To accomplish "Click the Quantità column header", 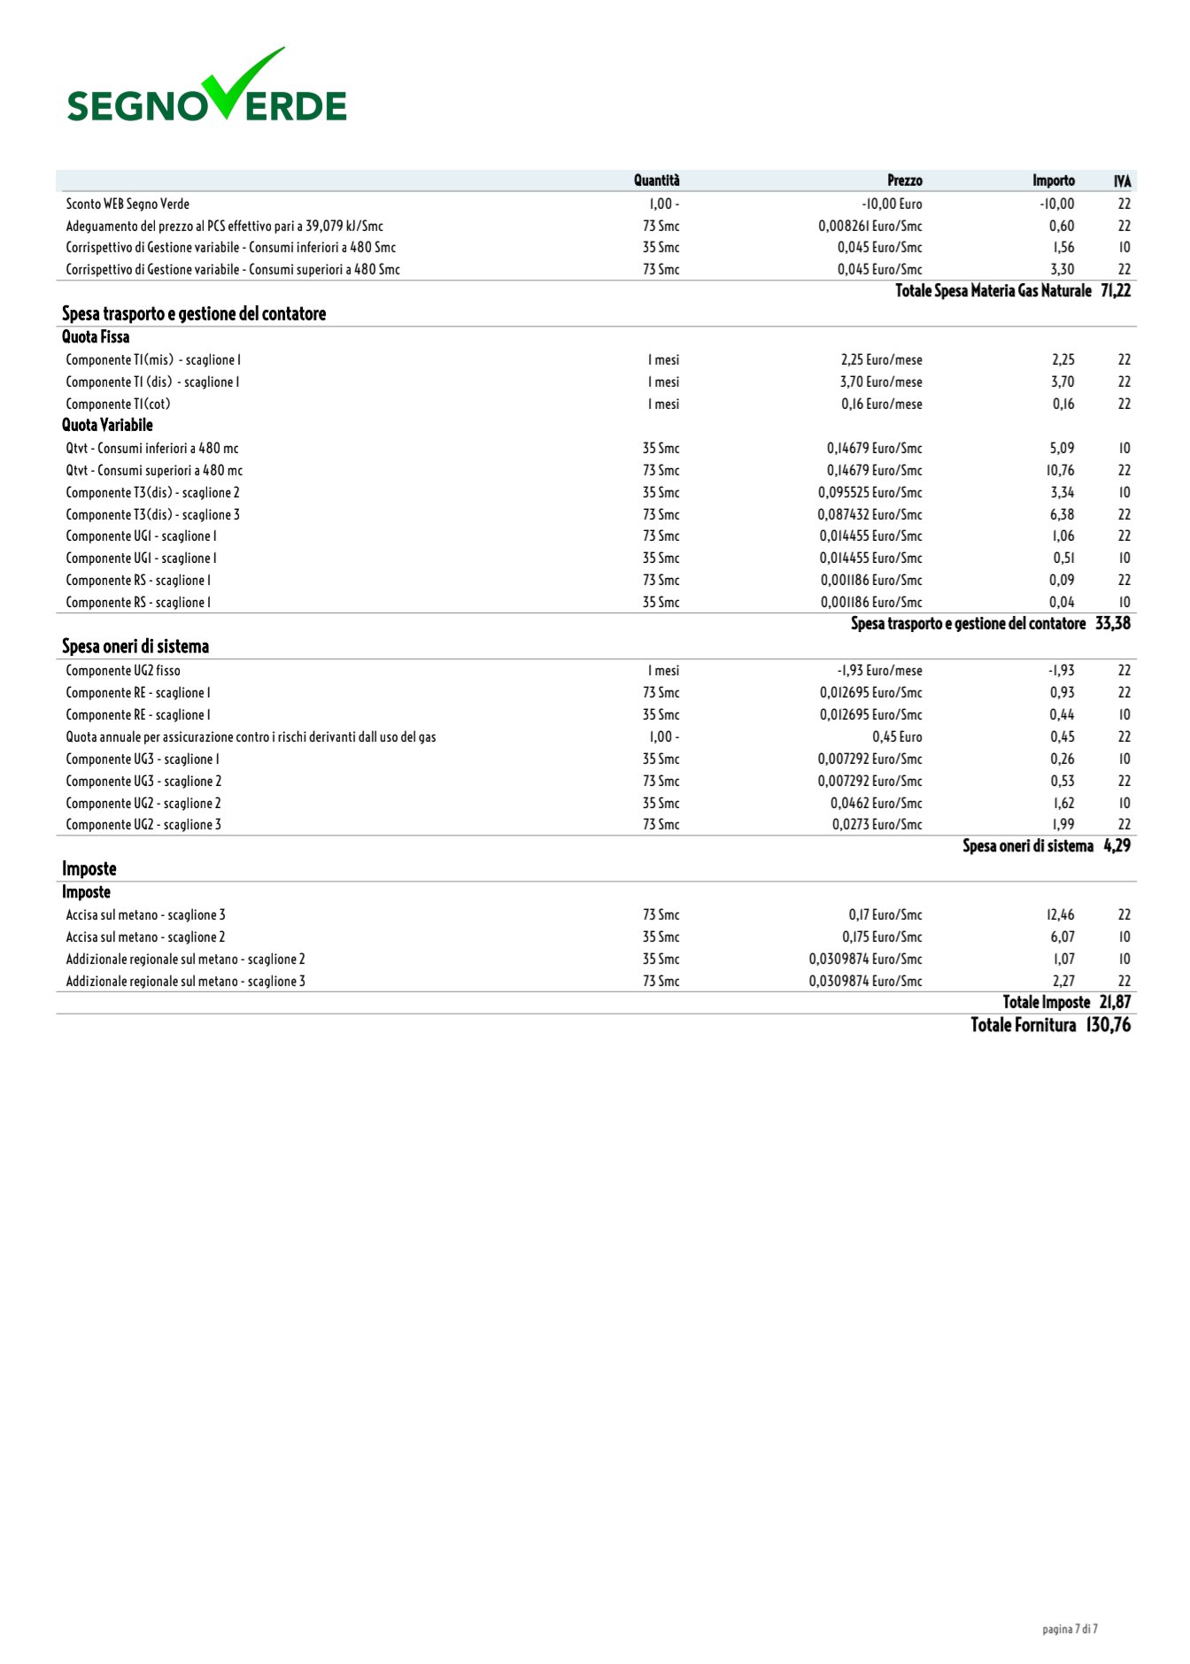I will click(656, 181).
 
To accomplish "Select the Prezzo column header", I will click(904, 181).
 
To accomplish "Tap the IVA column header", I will click(1122, 181).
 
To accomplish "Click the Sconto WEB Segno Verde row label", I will click(127, 204).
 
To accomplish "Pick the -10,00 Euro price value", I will click(892, 204).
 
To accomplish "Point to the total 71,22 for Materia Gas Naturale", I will click(1116, 291).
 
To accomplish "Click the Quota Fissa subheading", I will click(96, 337).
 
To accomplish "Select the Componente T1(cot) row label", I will click(118, 404).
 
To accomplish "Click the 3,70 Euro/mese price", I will click(881, 382).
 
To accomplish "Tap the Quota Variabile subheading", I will click(107, 426).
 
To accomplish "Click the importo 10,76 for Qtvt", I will click(1060, 471).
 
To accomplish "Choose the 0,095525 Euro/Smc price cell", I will click(869, 493).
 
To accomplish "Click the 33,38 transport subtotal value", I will click(1113, 624).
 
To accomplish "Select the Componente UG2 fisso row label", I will click(123, 671).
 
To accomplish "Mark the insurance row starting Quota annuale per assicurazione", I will click(251, 737).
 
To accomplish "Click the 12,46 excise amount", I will click(1060, 915).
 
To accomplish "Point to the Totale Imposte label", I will click(1046, 1003).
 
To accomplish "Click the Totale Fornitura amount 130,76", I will click(1109, 1026).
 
